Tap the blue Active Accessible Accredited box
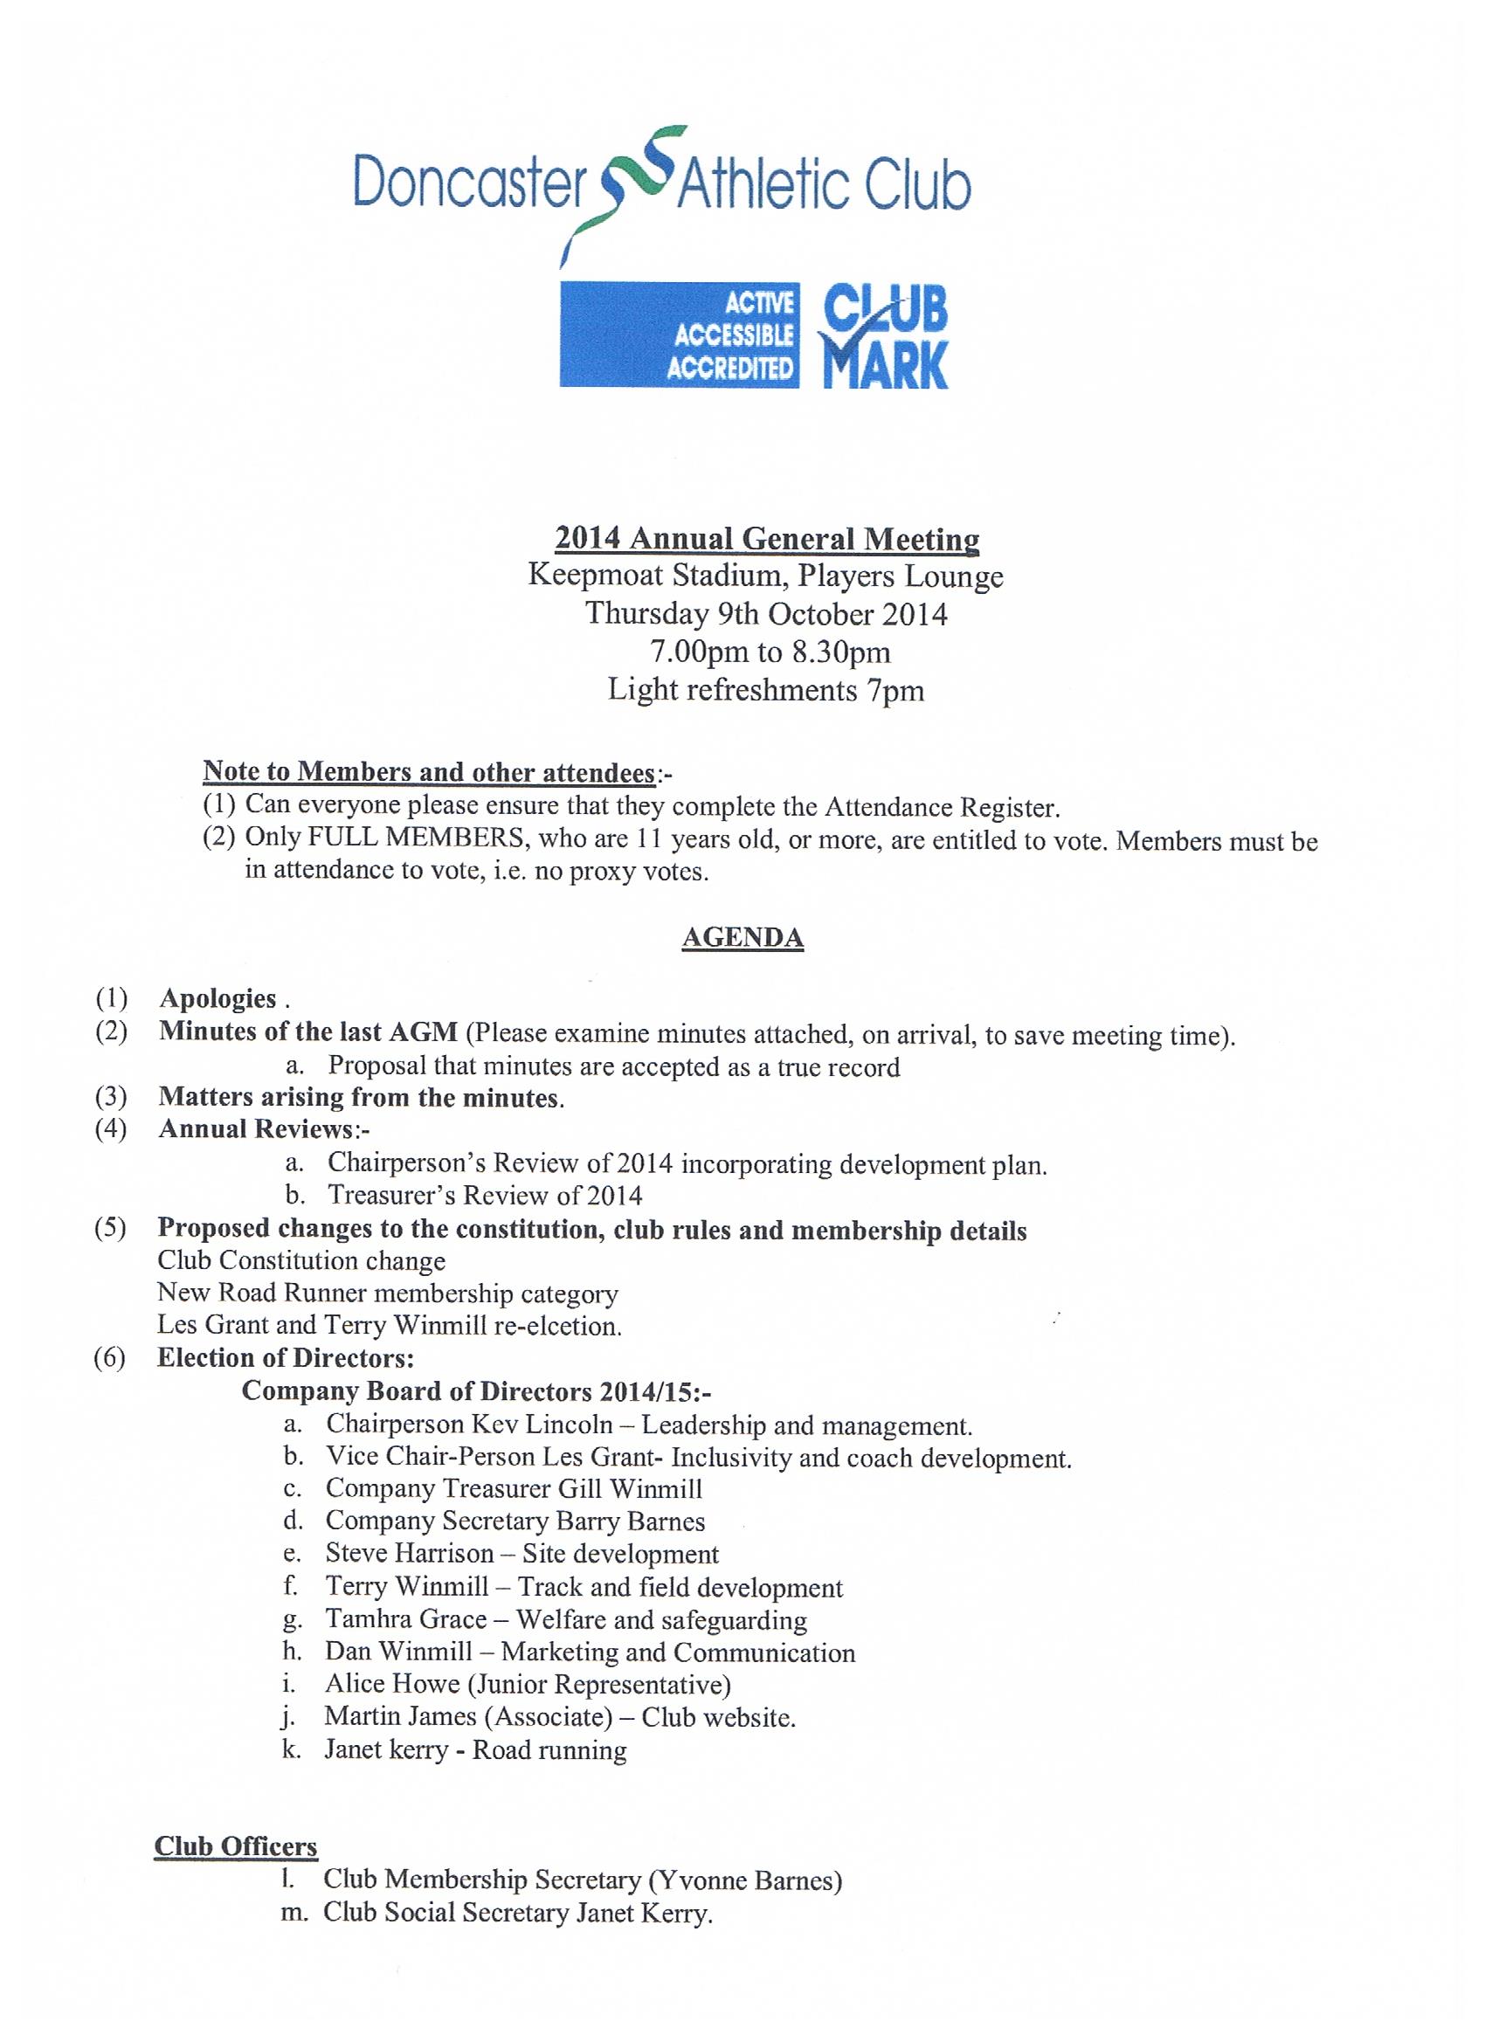pos(679,334)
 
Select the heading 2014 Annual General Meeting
pos(766,538)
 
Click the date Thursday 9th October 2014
pos(766,614)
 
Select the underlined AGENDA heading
pos(742,938)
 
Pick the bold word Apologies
pos(218,998)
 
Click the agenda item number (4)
pos(111,1129)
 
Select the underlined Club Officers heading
pos(236,1845)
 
